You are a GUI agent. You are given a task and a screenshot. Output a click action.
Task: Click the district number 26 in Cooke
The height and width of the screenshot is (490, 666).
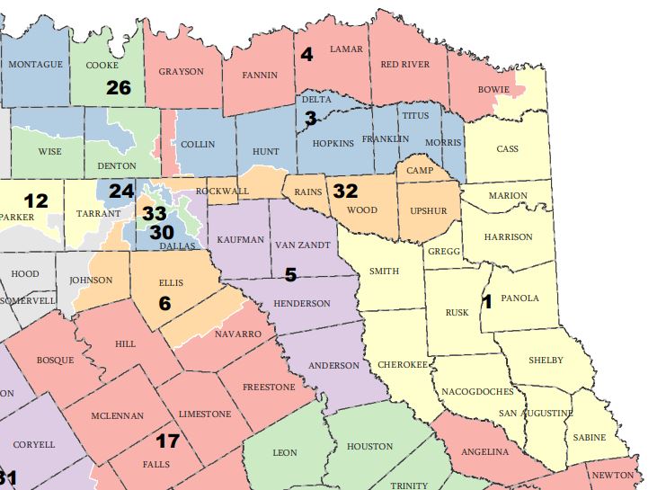[x=119, y=87]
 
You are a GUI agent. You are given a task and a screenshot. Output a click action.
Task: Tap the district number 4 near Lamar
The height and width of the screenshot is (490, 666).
[x=306, y=55]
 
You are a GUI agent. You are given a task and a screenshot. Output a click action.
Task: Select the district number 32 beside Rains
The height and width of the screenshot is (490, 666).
[x=345, y=191]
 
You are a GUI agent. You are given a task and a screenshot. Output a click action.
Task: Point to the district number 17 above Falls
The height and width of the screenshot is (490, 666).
[x=167, y=441]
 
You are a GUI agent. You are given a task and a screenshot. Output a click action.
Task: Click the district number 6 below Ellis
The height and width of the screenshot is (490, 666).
[x=164, y=304]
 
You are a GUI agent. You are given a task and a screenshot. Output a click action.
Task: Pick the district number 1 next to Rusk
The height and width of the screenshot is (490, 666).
[x=487, y=302]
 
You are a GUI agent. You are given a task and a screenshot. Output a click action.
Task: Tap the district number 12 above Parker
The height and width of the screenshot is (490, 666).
[x=36, y=200]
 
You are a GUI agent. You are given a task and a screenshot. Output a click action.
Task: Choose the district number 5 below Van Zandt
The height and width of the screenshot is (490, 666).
[x=290, y=273]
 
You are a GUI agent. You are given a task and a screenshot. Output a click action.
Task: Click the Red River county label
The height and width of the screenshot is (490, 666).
[x=405, y=65]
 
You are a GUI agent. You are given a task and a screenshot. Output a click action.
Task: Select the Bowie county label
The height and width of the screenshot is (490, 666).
[x=493, y=90]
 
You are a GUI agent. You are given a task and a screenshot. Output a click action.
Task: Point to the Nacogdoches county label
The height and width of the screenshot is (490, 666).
[x=477, y=392]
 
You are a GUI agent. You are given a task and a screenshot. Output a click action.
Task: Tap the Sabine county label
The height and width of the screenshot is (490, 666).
[x=589, y=438]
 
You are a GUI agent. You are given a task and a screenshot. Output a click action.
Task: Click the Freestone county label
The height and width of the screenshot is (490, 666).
[x=269, y=388]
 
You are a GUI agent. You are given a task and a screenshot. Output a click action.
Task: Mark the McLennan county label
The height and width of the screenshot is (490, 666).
[x=118, y=417]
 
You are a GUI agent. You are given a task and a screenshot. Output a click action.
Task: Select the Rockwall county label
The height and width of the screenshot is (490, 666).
[x=221, y=192]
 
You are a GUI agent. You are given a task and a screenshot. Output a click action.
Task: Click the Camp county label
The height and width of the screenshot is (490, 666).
[x=420, y=170]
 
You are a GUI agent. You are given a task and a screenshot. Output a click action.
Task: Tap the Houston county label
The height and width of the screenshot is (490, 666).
[x=369, y=446]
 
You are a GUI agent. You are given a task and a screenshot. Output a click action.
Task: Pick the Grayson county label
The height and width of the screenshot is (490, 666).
[x=181, y=71]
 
